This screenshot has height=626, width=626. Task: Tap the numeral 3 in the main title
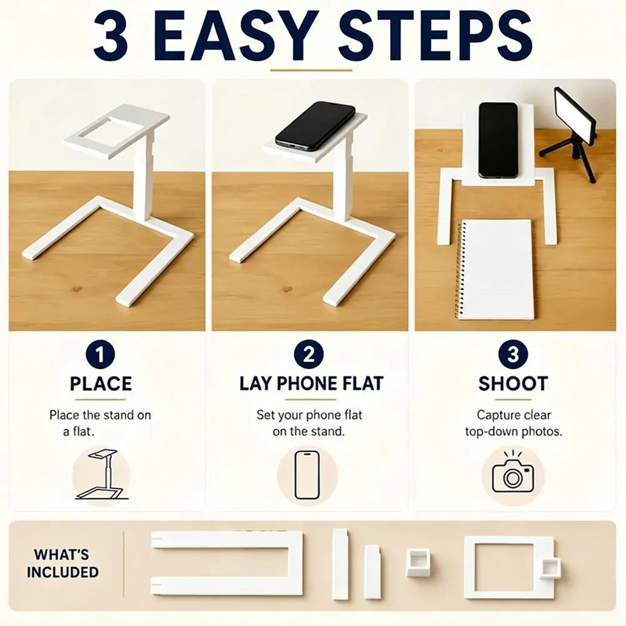(x=111, y=35)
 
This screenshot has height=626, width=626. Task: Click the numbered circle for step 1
(x=100, y=354)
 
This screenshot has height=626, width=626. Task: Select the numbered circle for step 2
(x=308, y=354)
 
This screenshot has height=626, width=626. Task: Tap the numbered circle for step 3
(x=513, y=354)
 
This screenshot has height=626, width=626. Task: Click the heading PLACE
(x=101, y=383)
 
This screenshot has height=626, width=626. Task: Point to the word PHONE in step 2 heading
(x=303, y=383)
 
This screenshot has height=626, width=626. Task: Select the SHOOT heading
(x=513, y=383)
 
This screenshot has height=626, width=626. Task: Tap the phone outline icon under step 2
(x=307, y=475)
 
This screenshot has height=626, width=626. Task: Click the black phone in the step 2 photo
(x=315, y=126)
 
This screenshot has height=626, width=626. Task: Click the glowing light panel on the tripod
(x=575, y=116)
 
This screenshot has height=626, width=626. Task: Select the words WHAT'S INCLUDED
(x=63, y=563)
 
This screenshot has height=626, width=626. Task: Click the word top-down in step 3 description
(x=492, y=432)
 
